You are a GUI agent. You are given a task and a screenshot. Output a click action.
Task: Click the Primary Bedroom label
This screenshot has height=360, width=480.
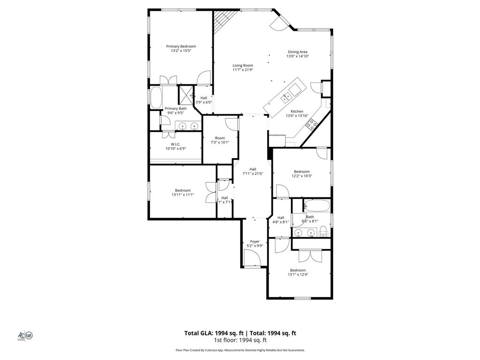pyautogui.click(x=181, y=46)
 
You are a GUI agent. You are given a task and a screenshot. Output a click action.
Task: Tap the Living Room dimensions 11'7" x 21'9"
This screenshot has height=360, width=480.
pyautogui.click(x=243, y=70)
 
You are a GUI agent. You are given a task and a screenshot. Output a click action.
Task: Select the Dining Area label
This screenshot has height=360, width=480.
pyautogui.click(x=298, y=52)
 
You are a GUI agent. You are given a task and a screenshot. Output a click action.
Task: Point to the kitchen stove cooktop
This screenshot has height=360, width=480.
pyautogui.click(x=311, y=124)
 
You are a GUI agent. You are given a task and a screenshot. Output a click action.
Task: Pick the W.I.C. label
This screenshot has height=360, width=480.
pyautogui.click(x=176, y=144)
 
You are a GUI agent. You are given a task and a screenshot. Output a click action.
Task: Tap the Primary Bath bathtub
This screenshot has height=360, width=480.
pyautogui.click(x=156, y=97)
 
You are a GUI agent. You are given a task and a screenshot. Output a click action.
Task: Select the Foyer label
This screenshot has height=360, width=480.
pyautogui.click(x=255, y=241)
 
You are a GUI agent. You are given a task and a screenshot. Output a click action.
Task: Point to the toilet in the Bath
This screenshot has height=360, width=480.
pyautogui.click(x=323, y=231)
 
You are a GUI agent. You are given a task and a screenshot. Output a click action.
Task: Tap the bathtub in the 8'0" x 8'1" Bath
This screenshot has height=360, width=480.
pyautogui.click(x=317, y=205)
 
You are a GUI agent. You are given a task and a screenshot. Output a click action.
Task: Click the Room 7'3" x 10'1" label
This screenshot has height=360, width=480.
pyautogui.click(x=220, y=138)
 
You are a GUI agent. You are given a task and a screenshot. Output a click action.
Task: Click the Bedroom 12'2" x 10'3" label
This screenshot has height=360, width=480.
pyautogui.click(x=302, y=172)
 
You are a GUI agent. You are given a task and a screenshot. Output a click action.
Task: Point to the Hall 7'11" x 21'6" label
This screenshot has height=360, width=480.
pyautogui.click(x=253, y=169)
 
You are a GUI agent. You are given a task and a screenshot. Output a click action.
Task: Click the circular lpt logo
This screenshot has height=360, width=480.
pyautogui.click(x=29, y=335)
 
